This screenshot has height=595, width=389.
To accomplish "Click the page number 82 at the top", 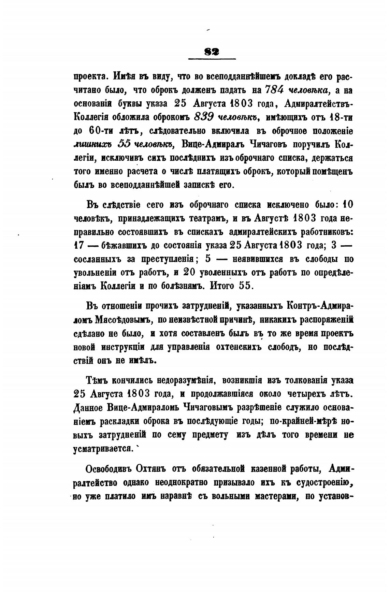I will (212, 52).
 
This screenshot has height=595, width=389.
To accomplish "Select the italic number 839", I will (204, 117).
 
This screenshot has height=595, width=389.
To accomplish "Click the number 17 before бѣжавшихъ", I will (80, 245).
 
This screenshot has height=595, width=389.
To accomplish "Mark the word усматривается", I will (103, 448).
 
